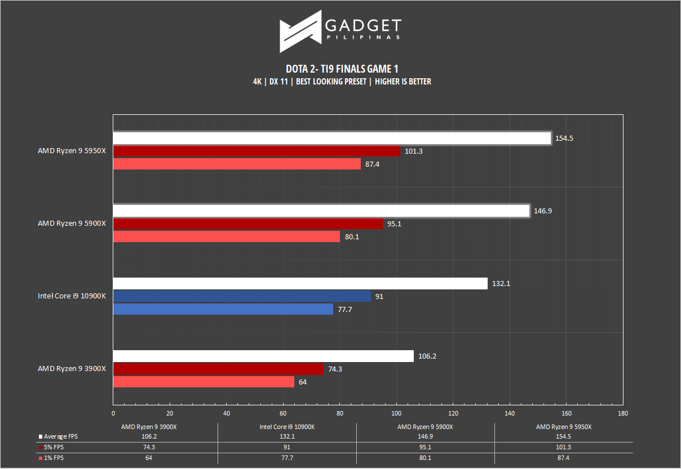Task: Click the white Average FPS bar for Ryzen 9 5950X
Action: tap(332, 138)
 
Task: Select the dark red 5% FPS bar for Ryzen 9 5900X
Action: tap(248, 224)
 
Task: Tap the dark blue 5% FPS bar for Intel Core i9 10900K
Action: tap(242, 296)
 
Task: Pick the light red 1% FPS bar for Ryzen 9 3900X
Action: tap(204, 382)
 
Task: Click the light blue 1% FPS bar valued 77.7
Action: tap(223, 309)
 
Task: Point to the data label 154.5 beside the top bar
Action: tap(564, 139)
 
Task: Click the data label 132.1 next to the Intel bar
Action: tap(501, 284)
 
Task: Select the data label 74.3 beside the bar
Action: tap(335, 369)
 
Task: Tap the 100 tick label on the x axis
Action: tap(396, 413)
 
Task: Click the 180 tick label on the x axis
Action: tap(622, 413)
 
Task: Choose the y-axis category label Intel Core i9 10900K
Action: tap(72, 296)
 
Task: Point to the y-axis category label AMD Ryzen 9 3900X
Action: tap(72, 369)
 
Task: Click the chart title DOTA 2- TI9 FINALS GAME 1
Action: tap(342, 69)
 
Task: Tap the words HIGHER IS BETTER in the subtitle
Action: tap(403, 82)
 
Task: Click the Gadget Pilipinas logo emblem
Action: tap(300, 32)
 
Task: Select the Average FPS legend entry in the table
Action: tap(58, 436)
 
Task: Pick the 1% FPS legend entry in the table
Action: tap(51, 458)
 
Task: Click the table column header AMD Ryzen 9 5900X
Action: tap(425, 427)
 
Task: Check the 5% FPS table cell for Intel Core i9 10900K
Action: tap(287, 447)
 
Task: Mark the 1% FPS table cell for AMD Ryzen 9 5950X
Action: tap(563, 458)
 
